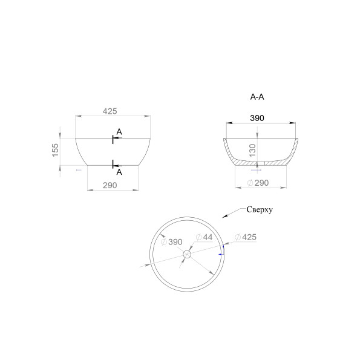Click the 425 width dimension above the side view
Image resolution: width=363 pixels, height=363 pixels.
pyautogui.click(x=110, y=111)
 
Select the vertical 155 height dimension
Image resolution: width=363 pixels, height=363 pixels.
pyautogui.click(x=55, y=150)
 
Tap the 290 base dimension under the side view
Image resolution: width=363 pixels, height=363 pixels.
pyautogui.click(x=110, y=186)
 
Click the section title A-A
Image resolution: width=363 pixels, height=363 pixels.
pyautogui.click(x=257, y=97)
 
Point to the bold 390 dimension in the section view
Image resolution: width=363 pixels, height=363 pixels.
pyautogui.click(x=257, y=118)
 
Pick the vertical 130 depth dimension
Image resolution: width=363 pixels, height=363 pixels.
pyautogui.click(x=252, y=150)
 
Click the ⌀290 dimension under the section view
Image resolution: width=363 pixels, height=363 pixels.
pyautogui.click(x=258, y=183)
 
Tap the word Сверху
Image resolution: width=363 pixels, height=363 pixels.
pyautogui.click(x=260, y=209)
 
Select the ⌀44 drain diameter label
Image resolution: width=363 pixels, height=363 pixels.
pyautogui.click(x=204, y=237)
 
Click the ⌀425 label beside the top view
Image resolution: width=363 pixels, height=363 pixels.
pyautogui.click(x=246, y=237)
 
